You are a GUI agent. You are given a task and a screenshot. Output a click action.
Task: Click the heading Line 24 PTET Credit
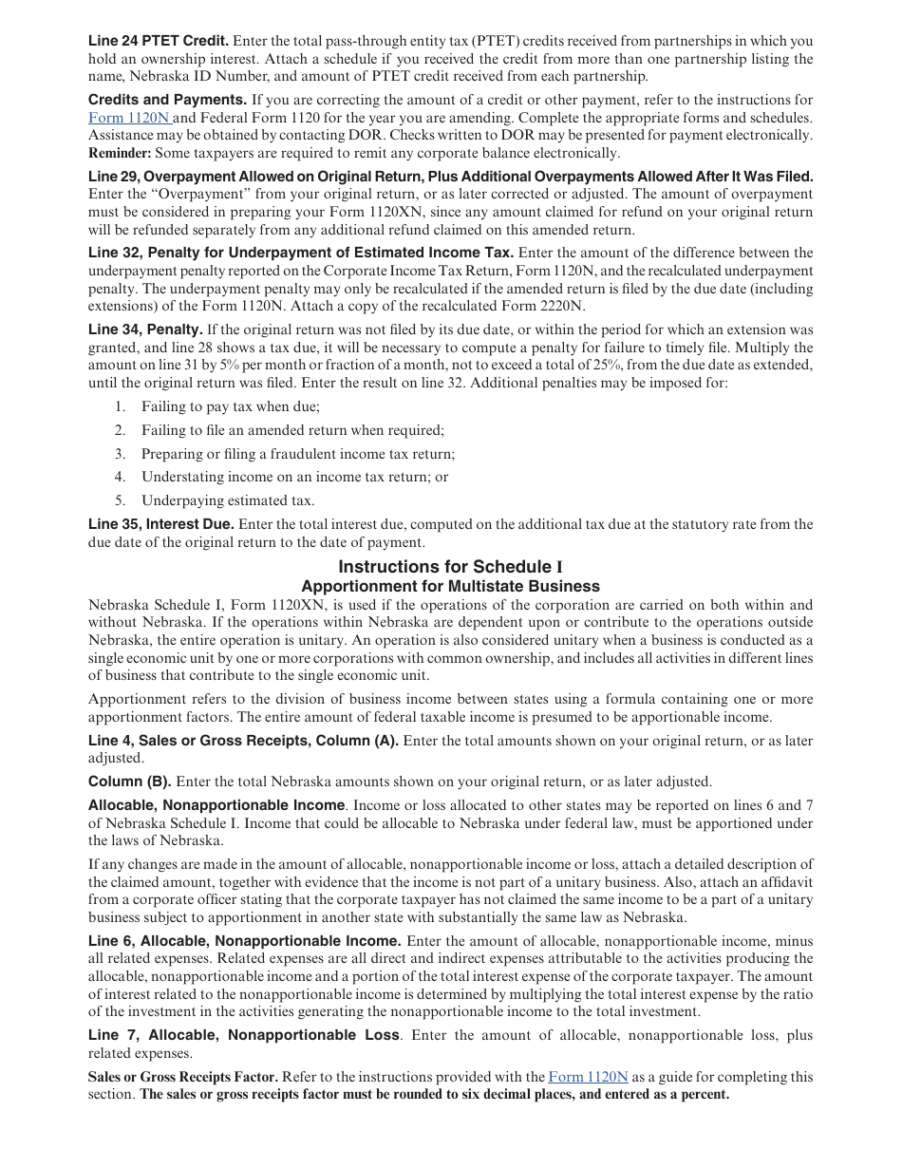159,41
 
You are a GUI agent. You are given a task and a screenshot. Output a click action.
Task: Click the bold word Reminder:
120,153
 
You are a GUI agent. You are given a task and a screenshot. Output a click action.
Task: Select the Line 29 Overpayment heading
450,177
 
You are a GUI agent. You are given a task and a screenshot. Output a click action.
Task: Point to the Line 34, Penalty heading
145,330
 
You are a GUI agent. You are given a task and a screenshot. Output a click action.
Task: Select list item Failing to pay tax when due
231,406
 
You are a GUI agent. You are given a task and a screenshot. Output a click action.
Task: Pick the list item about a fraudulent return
298,454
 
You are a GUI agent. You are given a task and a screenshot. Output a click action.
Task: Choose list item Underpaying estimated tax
228,500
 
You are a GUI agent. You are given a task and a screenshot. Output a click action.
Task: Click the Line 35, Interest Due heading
160,524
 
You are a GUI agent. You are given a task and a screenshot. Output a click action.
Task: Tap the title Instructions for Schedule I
451,567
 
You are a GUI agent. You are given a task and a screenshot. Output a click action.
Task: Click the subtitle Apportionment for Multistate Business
450,586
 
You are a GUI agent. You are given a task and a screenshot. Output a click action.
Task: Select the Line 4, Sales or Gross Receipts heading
243,741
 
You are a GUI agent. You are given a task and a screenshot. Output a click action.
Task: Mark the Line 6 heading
244,941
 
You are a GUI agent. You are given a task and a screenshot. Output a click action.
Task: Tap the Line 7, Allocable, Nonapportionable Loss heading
244,1035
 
